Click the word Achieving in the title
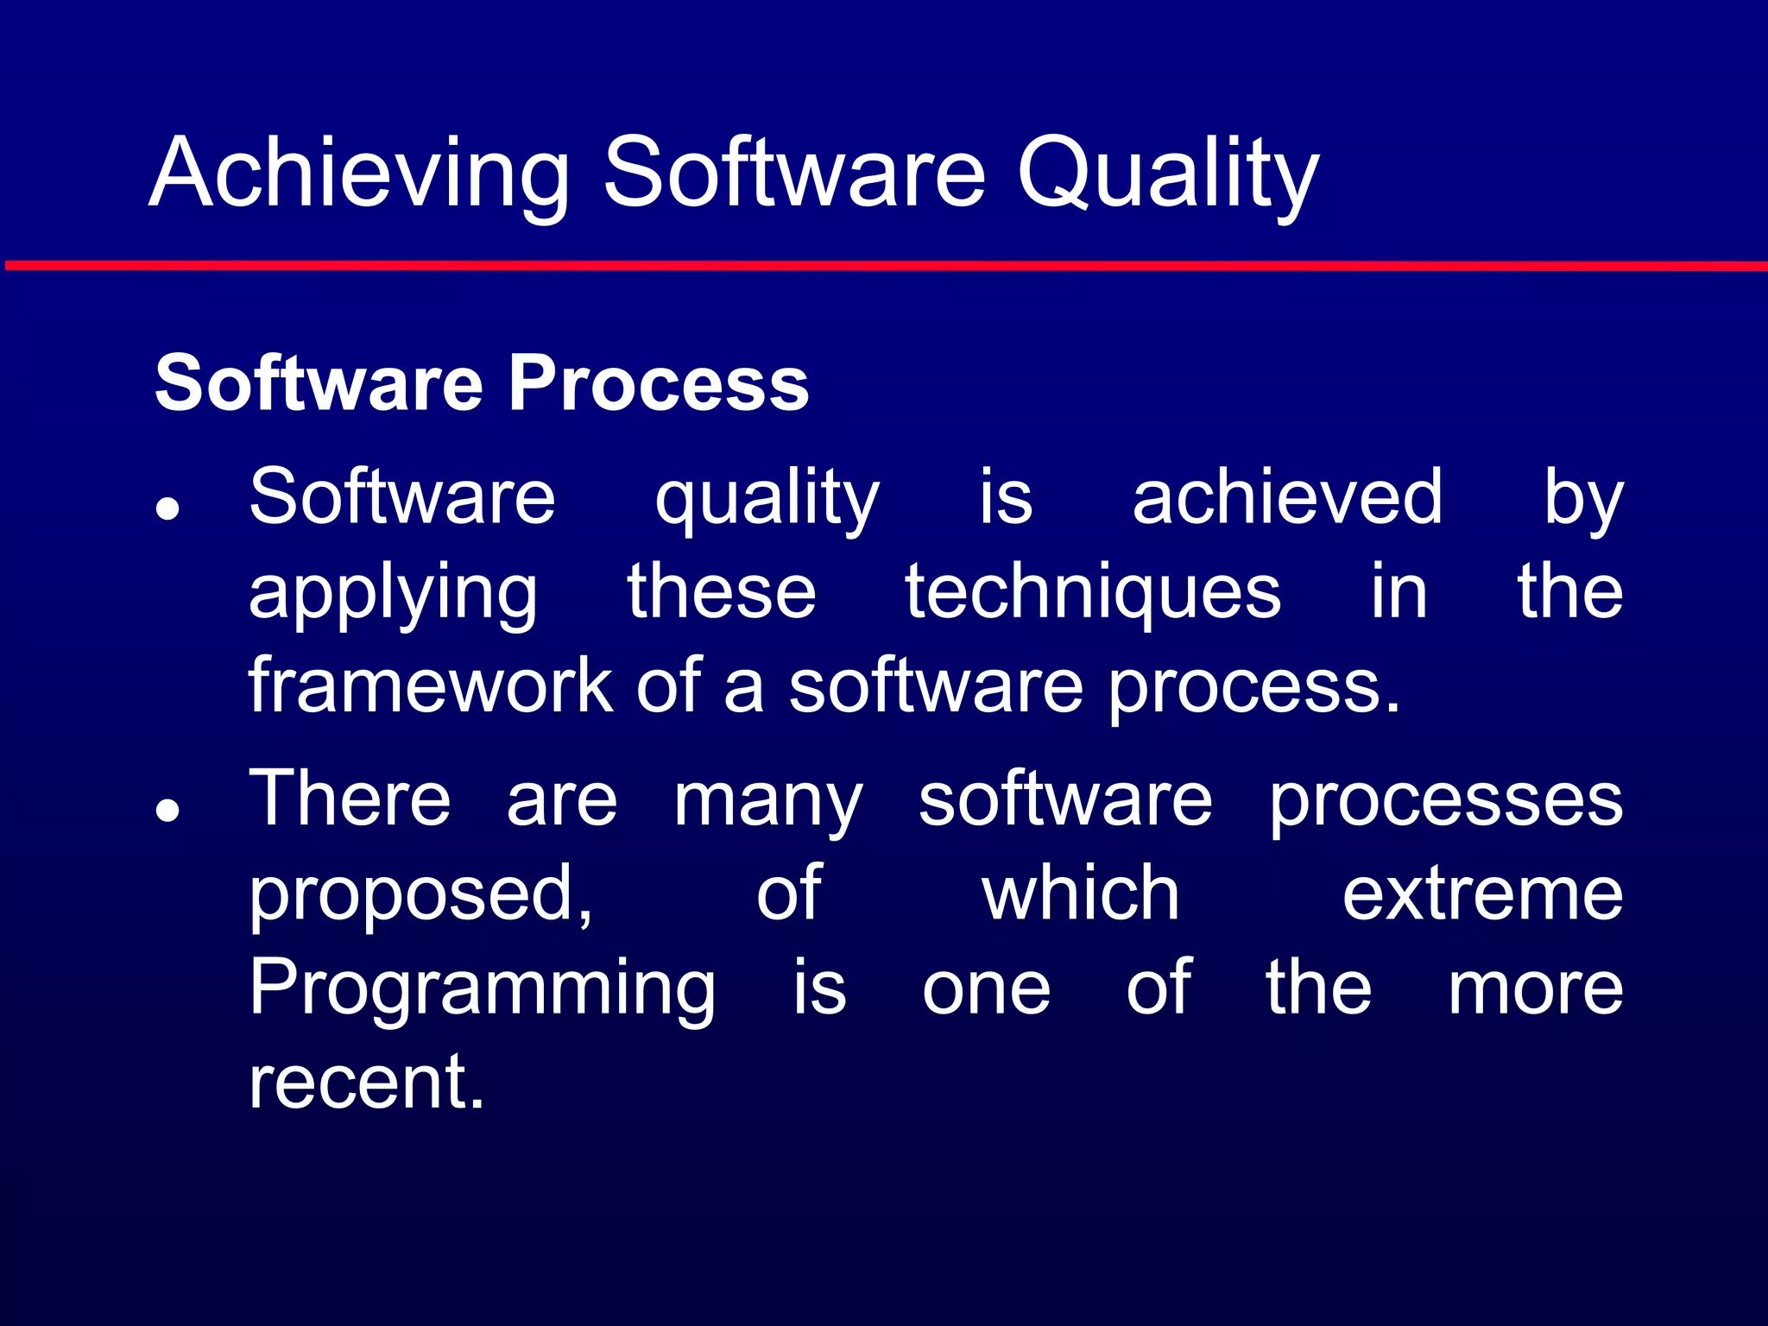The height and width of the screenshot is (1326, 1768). click(x=359, y=173)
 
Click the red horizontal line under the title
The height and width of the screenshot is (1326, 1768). click(x=884, y=266)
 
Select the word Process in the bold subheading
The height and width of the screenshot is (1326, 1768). click(x=658, y=383)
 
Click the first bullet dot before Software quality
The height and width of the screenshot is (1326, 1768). click(x=167, y=508)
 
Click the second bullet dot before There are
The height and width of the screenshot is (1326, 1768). click(x=167, y=811)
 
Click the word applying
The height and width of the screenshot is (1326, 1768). click(x=393, y=596)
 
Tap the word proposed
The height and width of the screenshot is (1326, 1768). click(x=420, y=896)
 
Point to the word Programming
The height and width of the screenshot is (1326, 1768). click(x=482, y=991)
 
